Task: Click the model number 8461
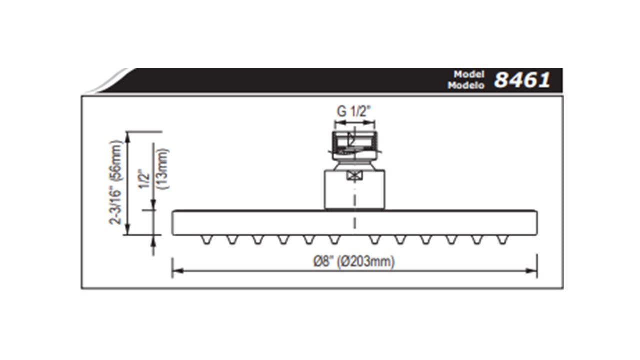[x=522, y=80]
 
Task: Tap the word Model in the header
[x=470, y=74]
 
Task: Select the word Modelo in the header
[x=467, y=85]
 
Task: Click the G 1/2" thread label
[x=355, y=111]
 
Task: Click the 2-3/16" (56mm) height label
[x=116, y=182]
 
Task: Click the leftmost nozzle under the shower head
[x=205, y=240]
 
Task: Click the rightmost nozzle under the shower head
[x=502, y=240]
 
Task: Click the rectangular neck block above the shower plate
[x=355, y=190]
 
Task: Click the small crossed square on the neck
[x=355, y=176]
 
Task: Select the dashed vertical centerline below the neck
[x=355, y=220]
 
